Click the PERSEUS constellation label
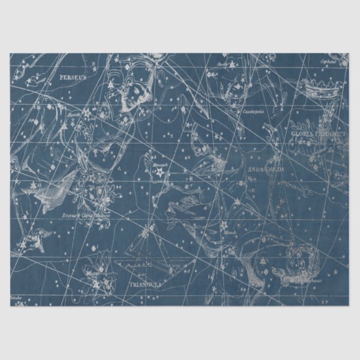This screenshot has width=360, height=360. (73, 77)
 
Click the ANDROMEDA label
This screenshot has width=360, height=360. (265, 168)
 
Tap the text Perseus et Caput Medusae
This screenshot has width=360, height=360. (86, 214)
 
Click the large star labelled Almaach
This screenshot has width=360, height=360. (159, 173)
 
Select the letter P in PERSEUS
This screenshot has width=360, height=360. (61, 77)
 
